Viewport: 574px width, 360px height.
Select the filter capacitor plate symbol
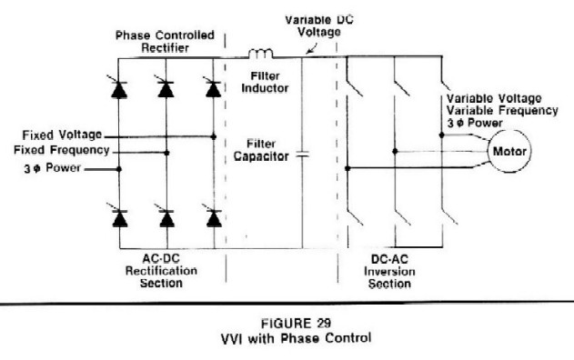(x=302, y=155)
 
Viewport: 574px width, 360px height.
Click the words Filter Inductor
(x=265, y=82)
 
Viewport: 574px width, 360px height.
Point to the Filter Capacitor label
(x=261, y=150)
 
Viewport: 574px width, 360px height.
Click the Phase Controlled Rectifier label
(x=165, y=41)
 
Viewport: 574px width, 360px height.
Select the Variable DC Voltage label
(x=319, y=25)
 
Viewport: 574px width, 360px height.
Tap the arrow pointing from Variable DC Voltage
(x=312, y=48)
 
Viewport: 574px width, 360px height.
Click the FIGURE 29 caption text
(x=296, y=323)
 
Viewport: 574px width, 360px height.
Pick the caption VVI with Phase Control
(x=296, y=337)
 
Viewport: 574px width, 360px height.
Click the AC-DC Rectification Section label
(x=161, y=271)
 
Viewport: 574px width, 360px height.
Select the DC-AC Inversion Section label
(x=389, y=272)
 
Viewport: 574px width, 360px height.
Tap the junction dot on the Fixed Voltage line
(x=214, y=136)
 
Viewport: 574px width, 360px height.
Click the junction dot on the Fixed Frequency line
(x=166, y=153)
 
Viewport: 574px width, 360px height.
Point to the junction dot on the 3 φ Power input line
(x=118, y=169)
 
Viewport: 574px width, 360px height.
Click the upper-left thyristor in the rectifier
(x=118, y=88)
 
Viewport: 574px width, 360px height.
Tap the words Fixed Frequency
(x=62, y=150)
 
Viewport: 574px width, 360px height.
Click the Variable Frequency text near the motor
(x=502, y=111)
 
